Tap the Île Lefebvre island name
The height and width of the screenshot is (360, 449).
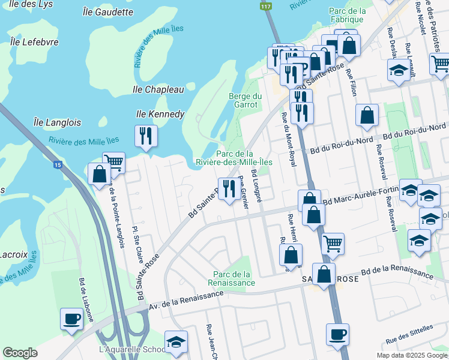point(34,42)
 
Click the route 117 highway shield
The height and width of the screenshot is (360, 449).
point(265,6)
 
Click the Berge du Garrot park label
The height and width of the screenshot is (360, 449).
point(246,100)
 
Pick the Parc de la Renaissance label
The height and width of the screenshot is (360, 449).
point(232,278)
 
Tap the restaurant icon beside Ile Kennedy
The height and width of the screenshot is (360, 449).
point(146,136)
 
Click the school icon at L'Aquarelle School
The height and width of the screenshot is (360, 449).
point(175,341)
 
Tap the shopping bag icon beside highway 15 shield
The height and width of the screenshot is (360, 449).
point(99,174)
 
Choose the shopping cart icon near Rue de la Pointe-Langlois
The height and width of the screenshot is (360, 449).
point(113,162)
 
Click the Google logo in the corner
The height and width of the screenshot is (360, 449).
point(20,353)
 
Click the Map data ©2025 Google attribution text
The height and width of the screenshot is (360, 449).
point(412,355)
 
